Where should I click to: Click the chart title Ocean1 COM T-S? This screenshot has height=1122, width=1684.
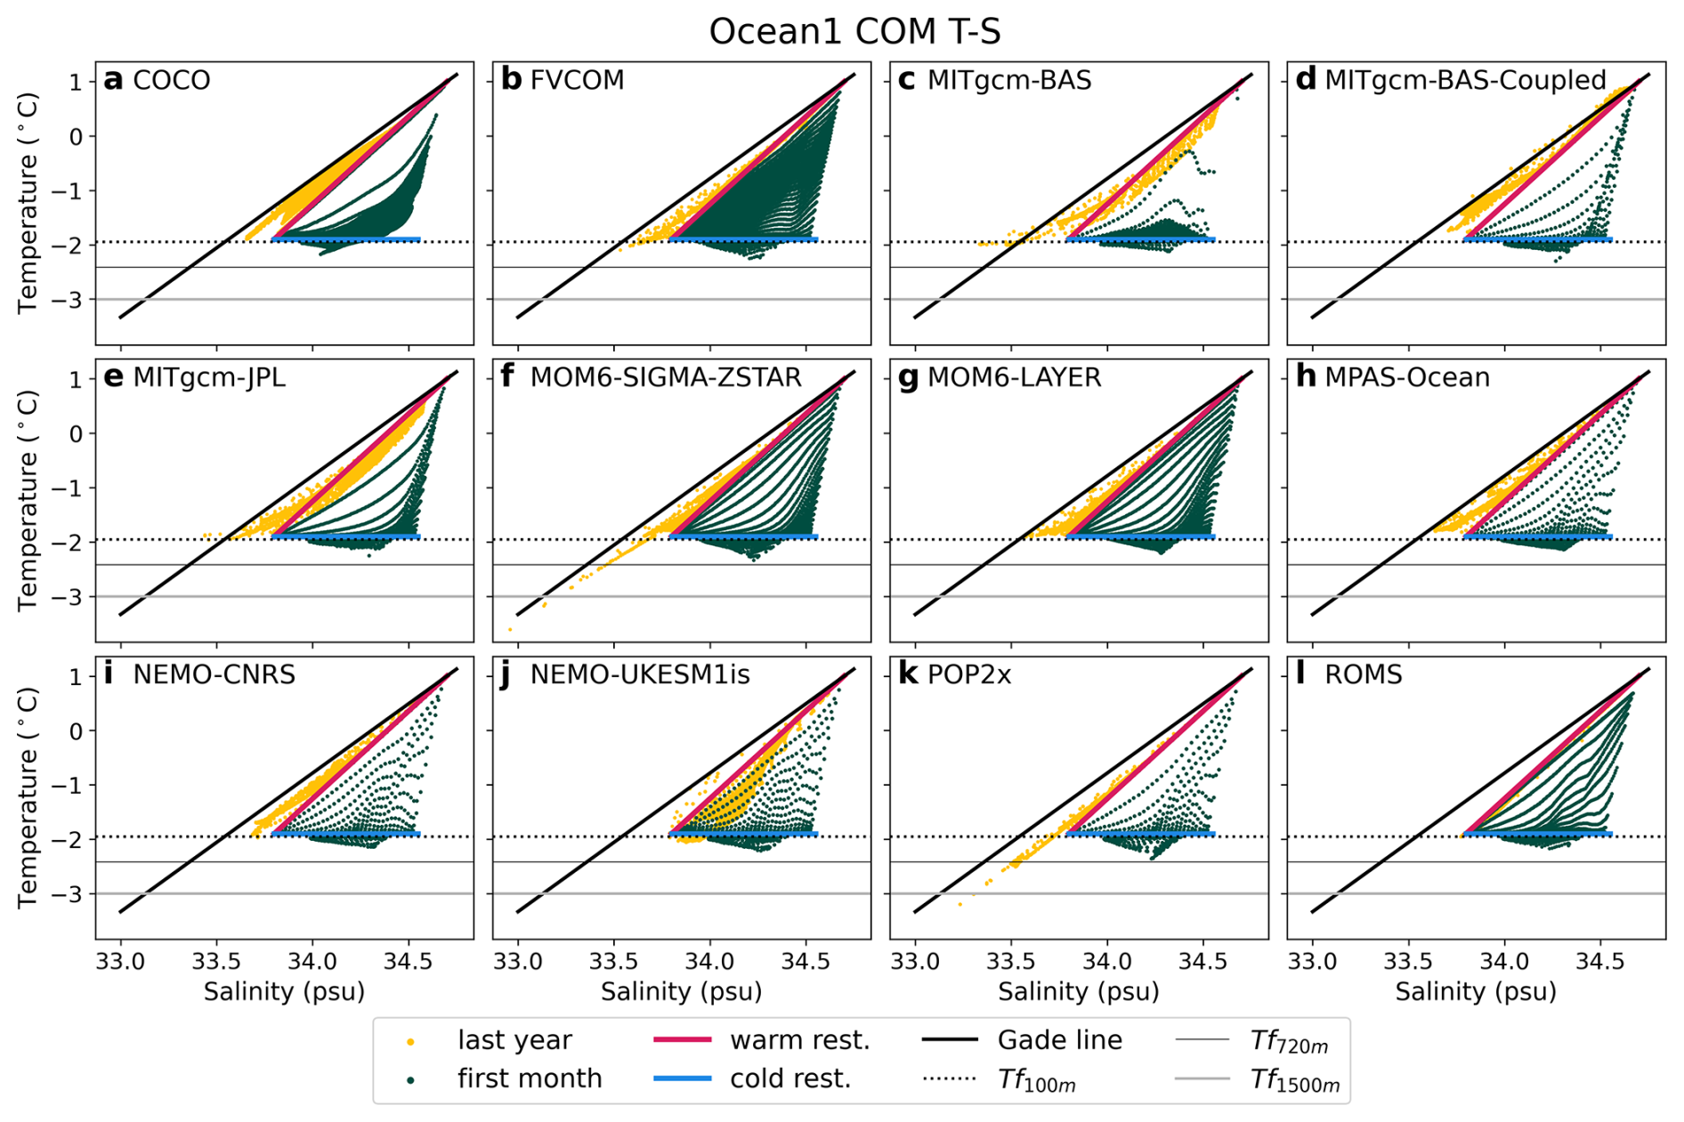[854, 32]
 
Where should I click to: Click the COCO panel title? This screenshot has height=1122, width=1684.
[171, 80]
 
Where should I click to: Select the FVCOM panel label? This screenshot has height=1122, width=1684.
[577, 80]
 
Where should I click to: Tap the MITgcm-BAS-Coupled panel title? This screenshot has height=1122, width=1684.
[1465, 80]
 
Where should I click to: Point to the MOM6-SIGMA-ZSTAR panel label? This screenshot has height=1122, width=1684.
[666, 377]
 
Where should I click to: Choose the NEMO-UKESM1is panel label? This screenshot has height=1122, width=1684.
[640, 674]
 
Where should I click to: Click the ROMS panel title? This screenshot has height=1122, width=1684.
[1363, 674]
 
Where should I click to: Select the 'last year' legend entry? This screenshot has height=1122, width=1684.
[514, 1040]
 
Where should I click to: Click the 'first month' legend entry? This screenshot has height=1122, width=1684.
[530, 1078]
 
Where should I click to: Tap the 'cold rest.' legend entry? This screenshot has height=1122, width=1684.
[790, 1078]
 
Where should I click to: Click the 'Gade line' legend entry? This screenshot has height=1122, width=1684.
[1059, 1040]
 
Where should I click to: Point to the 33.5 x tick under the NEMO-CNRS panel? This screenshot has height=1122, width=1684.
[216, 962]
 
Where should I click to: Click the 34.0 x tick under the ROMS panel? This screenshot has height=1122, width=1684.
[1504, 962]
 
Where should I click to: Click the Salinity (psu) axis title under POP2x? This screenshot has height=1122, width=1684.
[1078, 991]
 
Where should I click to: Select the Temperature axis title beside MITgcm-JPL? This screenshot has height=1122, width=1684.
[28, 500]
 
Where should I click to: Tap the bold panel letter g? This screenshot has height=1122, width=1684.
[908, 378]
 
